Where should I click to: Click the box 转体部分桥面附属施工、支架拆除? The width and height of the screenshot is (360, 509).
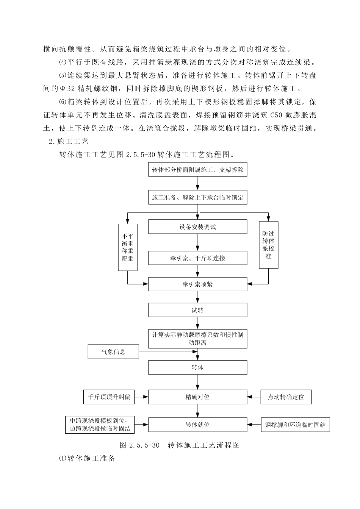(197, 170)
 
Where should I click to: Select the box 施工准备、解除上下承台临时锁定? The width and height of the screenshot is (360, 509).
(197, 197)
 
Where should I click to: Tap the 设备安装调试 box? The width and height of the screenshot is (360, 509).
(197, 227)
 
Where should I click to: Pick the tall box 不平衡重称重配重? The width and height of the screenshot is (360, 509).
(127, 247)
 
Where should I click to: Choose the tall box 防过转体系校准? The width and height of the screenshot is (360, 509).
(268, 245)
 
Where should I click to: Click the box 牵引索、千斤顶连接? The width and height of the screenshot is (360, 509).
(197, 258)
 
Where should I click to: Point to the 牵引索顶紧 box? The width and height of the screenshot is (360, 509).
(197, 284)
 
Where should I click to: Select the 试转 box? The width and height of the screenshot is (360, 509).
(197, 310)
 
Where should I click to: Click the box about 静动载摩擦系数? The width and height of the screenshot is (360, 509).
(197, 339)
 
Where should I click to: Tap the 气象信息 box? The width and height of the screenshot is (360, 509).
(113, 352)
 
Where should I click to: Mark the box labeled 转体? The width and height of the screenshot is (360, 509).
(197, 367)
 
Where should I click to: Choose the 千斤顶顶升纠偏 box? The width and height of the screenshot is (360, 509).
(109, 397)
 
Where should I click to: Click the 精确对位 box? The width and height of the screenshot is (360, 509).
(197, 397)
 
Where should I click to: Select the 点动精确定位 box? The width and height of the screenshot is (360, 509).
(286, 397)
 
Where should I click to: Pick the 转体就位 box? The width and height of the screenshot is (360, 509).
(197, 425)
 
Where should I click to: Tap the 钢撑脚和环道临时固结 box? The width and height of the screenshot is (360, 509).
(295, 425)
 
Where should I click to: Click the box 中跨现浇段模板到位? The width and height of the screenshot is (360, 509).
(100, 425)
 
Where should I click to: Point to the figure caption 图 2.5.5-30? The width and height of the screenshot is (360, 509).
(180, 445)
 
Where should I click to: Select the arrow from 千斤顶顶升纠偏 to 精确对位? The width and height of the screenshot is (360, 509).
(141, 397)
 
